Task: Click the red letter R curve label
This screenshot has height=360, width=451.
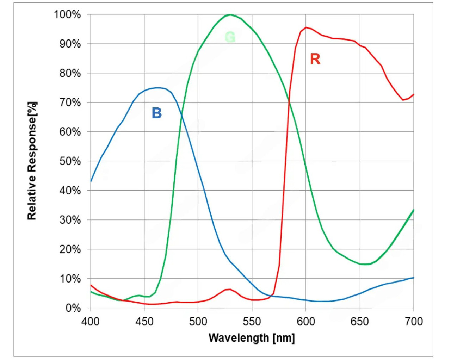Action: pos(315,59)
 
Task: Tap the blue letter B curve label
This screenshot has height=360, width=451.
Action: pos(156,113)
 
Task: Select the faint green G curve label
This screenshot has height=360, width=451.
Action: pos(230,37)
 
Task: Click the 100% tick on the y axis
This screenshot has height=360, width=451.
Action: pos(67,15)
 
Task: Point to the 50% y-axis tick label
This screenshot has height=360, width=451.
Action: pos(69,161)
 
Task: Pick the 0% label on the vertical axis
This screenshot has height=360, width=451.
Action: pos(73,308)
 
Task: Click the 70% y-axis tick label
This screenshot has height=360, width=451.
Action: pos(69,103)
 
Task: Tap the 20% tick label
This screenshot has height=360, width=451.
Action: pos(69,249)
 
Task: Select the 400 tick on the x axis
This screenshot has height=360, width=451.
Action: pos(91,321)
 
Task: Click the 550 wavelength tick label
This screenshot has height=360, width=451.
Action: pos(252,321)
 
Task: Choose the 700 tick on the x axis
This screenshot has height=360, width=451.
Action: pos(413,321)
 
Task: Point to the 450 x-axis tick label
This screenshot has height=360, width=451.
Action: pos(144,321)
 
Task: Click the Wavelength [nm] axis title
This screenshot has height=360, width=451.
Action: pos(252,338)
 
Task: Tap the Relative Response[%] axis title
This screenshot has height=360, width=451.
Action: pos(32,161)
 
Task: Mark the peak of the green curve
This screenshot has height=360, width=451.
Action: pos(230,15)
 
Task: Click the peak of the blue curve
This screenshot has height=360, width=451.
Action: pos(158,88)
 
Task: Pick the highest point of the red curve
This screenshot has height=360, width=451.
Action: pos(306,27)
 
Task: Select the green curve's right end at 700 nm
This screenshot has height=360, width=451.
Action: pos(413,210)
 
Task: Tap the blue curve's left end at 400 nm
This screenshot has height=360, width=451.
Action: pos(91,181)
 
